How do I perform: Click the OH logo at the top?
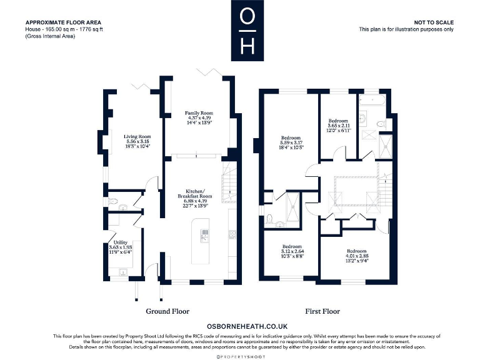click(x=247, y=31)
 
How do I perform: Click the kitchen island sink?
click(x=204, y=234)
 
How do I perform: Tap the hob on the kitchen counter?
click(x=232, y=234)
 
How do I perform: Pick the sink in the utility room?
click(x=122, y=272)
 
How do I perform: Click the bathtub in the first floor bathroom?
click(x=373, y=99)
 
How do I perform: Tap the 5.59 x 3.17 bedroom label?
click(x=291, y=142)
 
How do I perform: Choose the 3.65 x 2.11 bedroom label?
click(x=339, y=126)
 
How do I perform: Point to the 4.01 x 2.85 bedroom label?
click(x=357, y=255)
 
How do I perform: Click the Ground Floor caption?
click(x=167, y=311)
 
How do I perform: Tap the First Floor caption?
click(x=322, y=311)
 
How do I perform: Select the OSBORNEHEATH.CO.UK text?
click(x=247, y=326)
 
